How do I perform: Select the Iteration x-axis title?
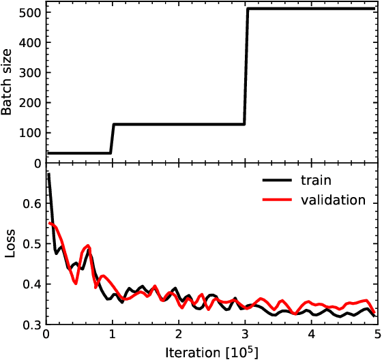tap(211, 351)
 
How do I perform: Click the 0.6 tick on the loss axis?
tap(32, 204)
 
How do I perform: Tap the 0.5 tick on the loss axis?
tap(32, 244)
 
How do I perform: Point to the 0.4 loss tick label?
tap(32, 284)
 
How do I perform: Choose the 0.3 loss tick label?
tap(32, 325)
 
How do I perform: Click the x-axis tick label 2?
tap(179, 336)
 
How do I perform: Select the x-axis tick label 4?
tap(311, 336)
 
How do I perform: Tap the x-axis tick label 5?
tap(377, 336)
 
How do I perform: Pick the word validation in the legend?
tap(332, 200)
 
